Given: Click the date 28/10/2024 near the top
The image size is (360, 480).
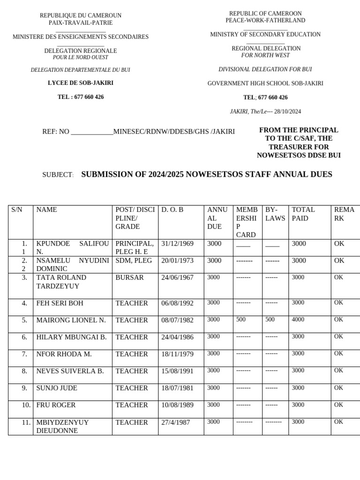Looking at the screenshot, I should (x=287, y=112).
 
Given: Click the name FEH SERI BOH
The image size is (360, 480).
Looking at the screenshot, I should (x=60, y=303).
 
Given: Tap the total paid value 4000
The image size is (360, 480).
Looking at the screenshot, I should (x=298, y=320).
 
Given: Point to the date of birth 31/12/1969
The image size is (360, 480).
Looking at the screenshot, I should (x=177, y=244).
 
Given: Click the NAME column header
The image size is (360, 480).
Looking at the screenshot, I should (x=46, y=210).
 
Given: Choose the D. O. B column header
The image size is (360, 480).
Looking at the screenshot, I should (x=172, y=210).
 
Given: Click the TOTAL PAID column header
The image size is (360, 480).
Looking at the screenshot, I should (x=303, y=214).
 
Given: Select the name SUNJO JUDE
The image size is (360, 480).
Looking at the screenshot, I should (x=57, y=388).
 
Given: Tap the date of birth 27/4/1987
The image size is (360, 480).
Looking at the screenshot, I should (x=176, y=422).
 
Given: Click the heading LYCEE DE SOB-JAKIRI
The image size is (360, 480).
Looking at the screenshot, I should (x=81, y=83).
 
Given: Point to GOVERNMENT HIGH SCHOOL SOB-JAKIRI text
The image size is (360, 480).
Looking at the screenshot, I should (x=265, y=83).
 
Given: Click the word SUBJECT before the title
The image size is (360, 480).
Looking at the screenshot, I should (x=58, y=175).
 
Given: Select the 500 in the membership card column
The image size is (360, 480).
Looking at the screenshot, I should (x=240, y=320).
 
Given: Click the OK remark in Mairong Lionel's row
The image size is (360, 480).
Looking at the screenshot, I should (x=338, y=320).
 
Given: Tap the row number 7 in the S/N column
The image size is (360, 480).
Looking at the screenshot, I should (x=24, y=354).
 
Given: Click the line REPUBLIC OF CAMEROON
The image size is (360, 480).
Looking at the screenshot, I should (x=265, y=14).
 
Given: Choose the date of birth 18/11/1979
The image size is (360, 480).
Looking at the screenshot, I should (x=177, y=354).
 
